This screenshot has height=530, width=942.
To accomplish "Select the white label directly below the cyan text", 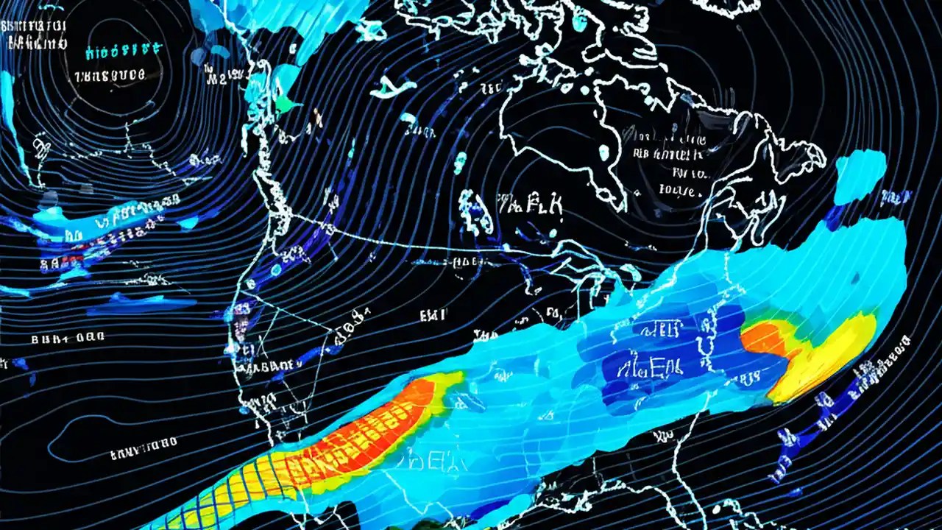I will coord(111,75).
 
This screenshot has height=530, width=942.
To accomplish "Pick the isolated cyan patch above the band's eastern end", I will coord(860,174).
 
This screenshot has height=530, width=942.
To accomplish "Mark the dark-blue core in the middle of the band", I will coord(662,353).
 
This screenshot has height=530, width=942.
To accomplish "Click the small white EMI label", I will coord(432,316).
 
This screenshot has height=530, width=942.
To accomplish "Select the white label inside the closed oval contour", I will coord(144,442).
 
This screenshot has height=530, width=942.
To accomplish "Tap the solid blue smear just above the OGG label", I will coord(140,301).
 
